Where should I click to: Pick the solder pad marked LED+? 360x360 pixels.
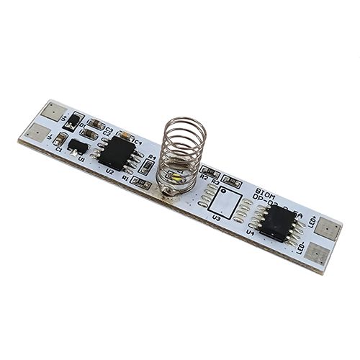click(329, 230)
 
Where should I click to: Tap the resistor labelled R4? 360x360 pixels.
click(147, 167)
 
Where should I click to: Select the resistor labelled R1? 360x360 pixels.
click(140, 184)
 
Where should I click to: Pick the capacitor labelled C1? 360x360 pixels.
click(61, 138)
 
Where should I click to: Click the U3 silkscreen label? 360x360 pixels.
click(217, 217)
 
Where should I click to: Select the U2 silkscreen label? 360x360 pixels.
click(109, 172)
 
